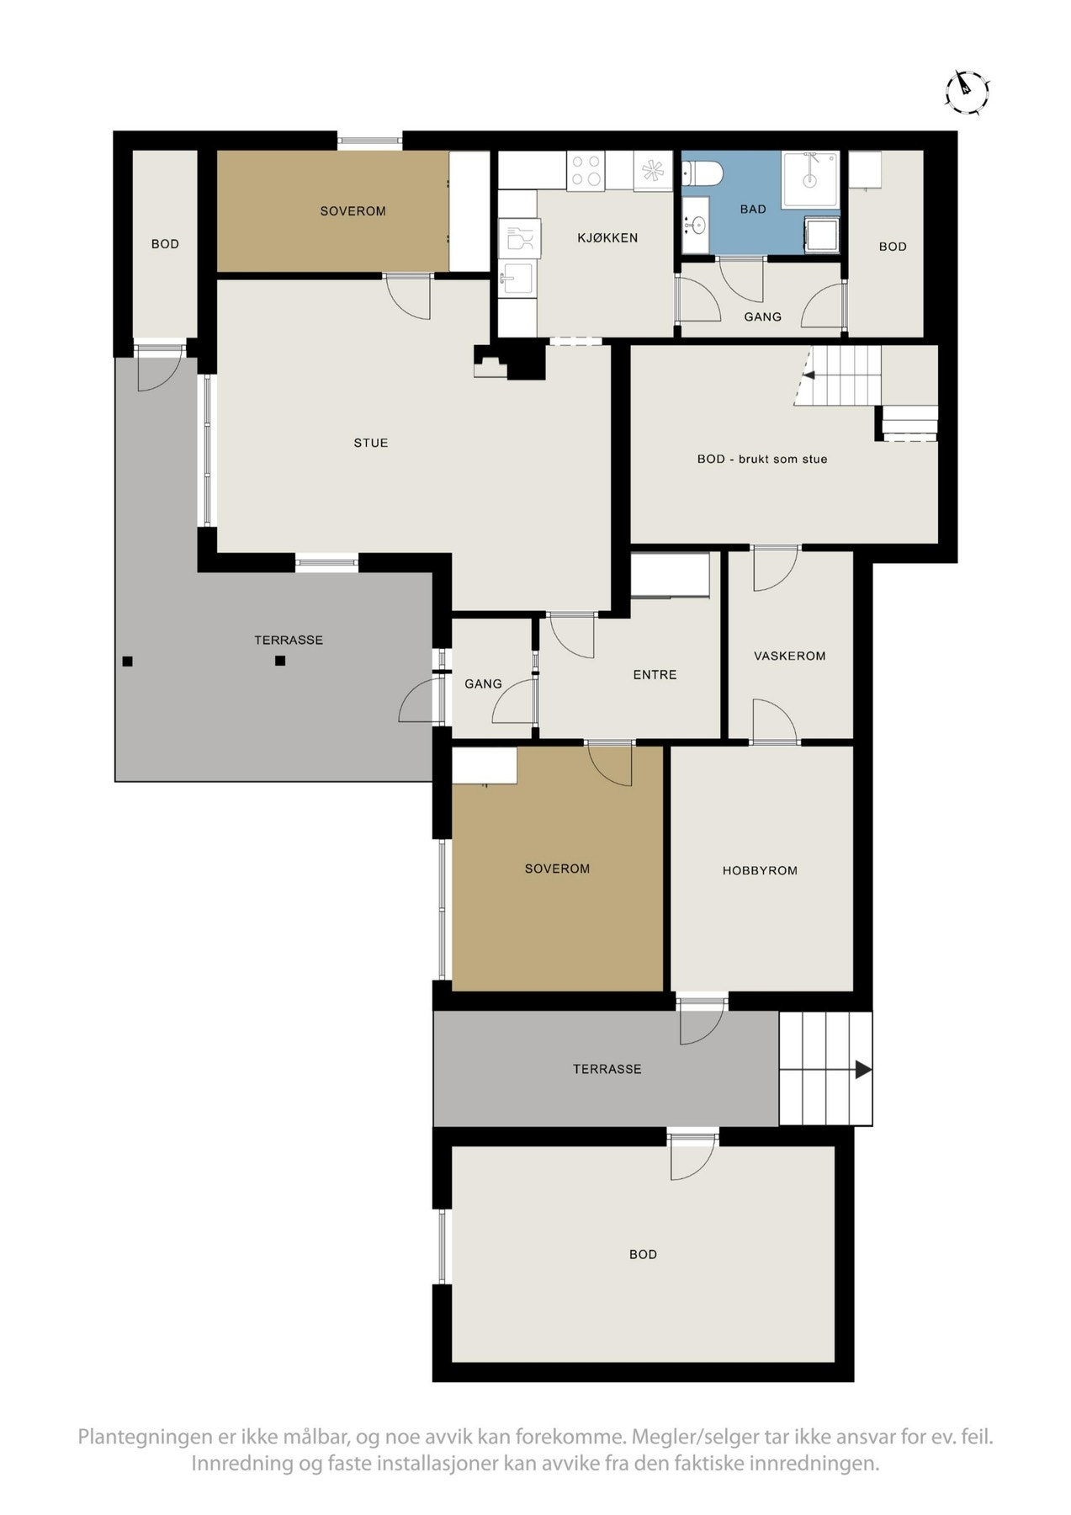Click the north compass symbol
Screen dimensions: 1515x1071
(966, 90)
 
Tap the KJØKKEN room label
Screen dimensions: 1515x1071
(607, 238)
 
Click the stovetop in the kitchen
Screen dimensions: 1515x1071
(586, 170)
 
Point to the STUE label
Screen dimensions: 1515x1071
(371, 443)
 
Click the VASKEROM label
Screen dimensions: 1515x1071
(789, 656)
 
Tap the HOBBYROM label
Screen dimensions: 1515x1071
(760, 870)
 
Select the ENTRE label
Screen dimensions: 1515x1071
(655, 674)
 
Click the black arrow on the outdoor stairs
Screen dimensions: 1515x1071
(863, 1070)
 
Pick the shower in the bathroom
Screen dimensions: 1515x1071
(810, 178)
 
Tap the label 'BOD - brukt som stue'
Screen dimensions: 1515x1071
(762, 460)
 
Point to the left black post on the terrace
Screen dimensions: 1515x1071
(127, 661)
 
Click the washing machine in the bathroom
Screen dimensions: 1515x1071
(822, 234)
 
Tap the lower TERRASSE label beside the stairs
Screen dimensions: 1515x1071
(607, 1069)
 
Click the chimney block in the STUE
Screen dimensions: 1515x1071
(526, 361)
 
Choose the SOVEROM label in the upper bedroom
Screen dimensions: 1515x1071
(353, 211)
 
